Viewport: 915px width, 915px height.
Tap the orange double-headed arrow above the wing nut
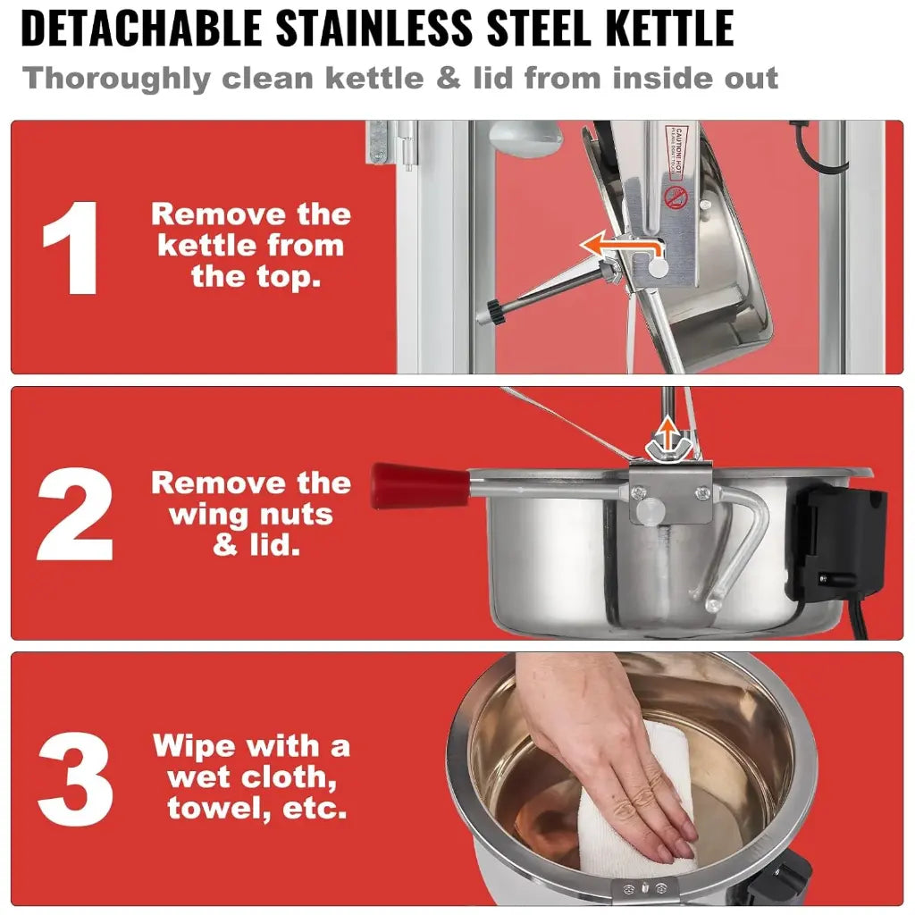(x=663, y=438)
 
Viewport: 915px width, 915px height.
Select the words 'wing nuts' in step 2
(x=250, y=515)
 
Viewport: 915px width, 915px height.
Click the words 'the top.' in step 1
(x=255, y=276)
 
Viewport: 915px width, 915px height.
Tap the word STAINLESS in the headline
(x=375, y=29)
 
